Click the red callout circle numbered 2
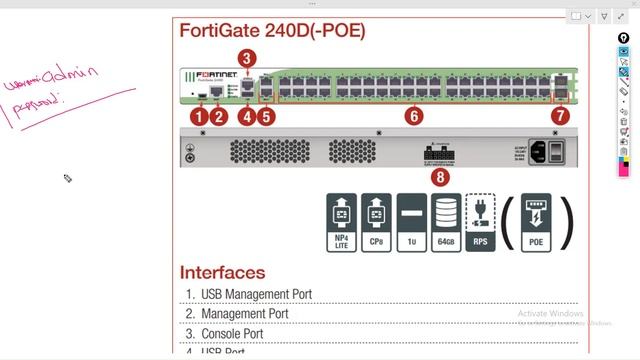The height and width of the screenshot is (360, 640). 220,116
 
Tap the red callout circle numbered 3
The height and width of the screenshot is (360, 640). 247,58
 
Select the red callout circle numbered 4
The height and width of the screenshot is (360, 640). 246,116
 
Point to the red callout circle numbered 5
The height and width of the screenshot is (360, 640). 266,116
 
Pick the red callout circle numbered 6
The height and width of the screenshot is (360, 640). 414,116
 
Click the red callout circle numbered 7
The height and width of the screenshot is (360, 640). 560,116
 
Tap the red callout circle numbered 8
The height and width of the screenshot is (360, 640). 441,177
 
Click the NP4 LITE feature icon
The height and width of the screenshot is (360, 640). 341,221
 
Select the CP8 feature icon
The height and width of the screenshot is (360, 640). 376,221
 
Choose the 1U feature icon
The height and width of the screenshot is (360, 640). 411,221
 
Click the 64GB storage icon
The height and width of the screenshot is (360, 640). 445,221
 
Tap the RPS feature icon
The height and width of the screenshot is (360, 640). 480,221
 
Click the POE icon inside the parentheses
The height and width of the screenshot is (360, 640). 536,221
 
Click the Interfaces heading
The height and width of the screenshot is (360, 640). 222,272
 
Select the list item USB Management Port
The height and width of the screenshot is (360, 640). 256,294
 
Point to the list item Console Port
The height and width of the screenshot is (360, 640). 232,333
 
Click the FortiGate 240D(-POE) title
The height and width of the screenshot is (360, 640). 272,31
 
